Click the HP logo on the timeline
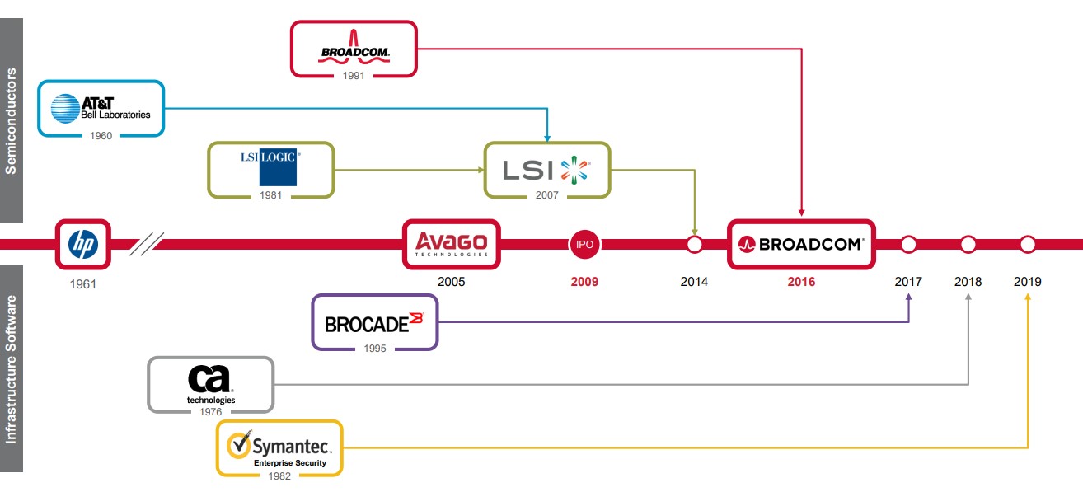[82, 244]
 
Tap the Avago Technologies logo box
[451, 244]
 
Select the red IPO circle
[584, 244]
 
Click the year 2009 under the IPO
[584, 282]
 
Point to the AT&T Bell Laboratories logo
[101, 108]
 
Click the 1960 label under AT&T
[101, 136]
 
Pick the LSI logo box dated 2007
[546, 170]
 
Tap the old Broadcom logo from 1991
[354, 49]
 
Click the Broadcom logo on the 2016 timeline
[800, 244]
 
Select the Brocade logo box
[374, 322]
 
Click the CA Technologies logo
[210, 383]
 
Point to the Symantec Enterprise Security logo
[279, 448]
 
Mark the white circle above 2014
[694, 244]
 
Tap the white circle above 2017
[908, 244]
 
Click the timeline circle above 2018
[968, 244]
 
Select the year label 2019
[1027, 282]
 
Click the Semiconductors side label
[12, 120]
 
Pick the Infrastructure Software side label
[12, 368]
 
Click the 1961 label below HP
[82, 285]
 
